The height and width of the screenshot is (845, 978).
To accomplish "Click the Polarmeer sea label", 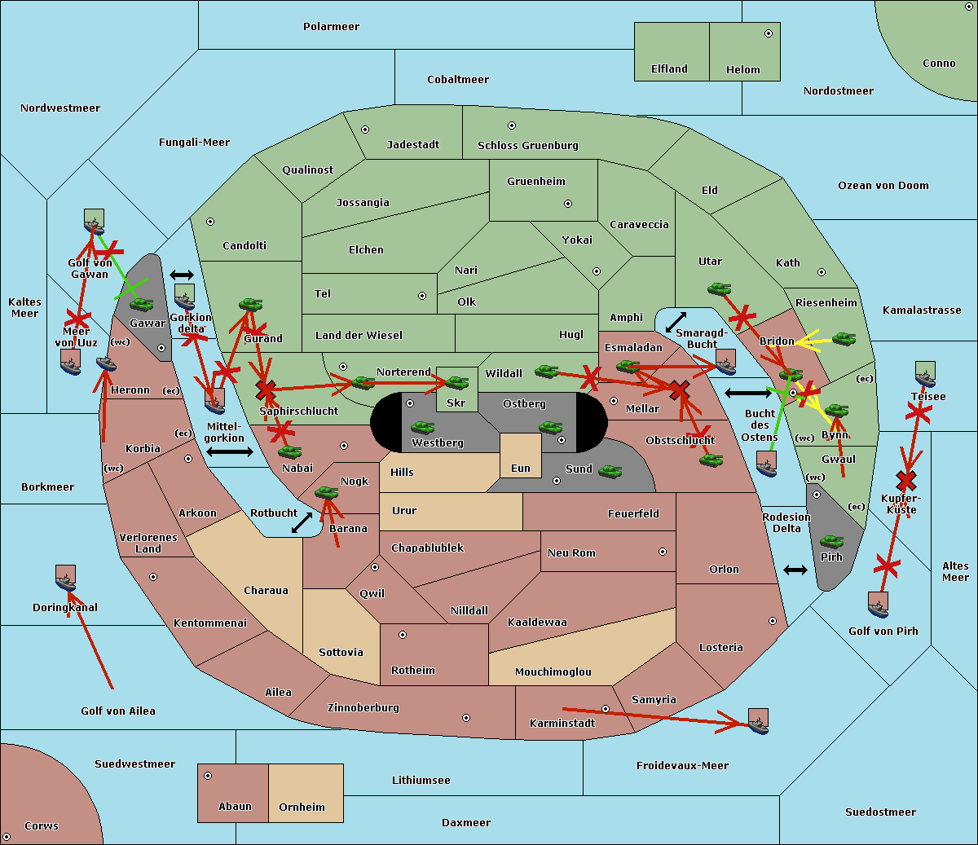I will tap(331, 27).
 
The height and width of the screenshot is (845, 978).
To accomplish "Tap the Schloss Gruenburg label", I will tap(527, 146).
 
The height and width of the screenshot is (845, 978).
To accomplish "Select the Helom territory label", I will tap(742, 70).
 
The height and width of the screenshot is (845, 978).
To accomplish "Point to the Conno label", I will tap(939, 64).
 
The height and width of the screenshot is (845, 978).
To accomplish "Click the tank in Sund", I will tap(610, 471).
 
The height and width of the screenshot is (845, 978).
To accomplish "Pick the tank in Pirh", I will tap(831, 542).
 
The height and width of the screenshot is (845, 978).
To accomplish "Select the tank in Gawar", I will tap(142, 304).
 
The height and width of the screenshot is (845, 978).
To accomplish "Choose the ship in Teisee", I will tap(925, 374).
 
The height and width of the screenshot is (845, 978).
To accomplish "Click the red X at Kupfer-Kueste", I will tap(905, 480).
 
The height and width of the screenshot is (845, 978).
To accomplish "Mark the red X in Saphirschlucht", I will tap(265, 390).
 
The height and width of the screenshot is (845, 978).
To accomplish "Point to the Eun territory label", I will tap(521, 469).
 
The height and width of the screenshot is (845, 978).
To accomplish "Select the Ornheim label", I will tap(302, 808).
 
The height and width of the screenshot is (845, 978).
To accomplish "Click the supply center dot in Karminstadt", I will tap(606, 709).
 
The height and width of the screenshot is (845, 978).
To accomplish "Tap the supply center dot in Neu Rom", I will tap(663, 552).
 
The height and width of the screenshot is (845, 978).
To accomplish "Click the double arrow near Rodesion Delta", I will tap(795, 570).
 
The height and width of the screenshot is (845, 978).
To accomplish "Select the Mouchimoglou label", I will tap(553, 672).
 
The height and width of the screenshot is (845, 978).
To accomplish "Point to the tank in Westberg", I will tap(422, 427).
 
